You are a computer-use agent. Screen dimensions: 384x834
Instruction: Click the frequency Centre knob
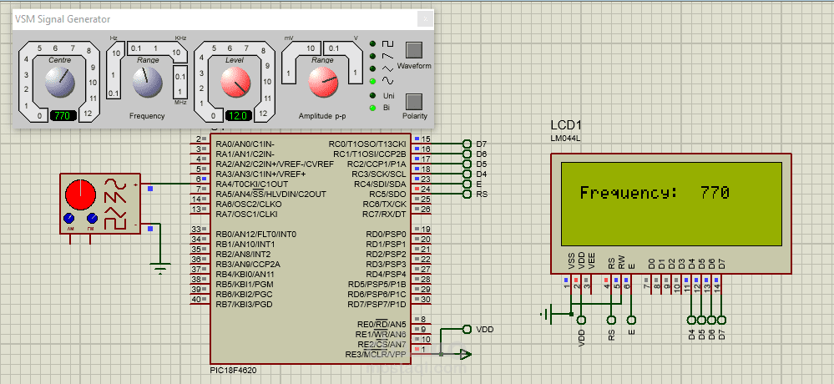tap(59, 82)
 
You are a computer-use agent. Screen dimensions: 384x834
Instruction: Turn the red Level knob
tap(235, 82)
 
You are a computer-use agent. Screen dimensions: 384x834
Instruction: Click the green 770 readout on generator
tap(61, 115)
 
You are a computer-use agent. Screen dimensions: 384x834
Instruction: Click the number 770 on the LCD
tap(715, 193)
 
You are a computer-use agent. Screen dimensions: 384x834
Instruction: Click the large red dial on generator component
tap(81, 195)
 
